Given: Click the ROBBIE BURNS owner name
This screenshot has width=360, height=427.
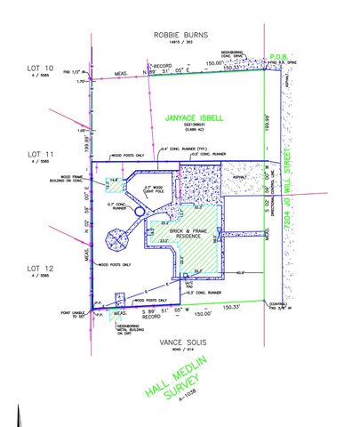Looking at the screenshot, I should (x=181, y=36).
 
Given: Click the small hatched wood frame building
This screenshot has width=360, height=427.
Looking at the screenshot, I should (x=115, y=184).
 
